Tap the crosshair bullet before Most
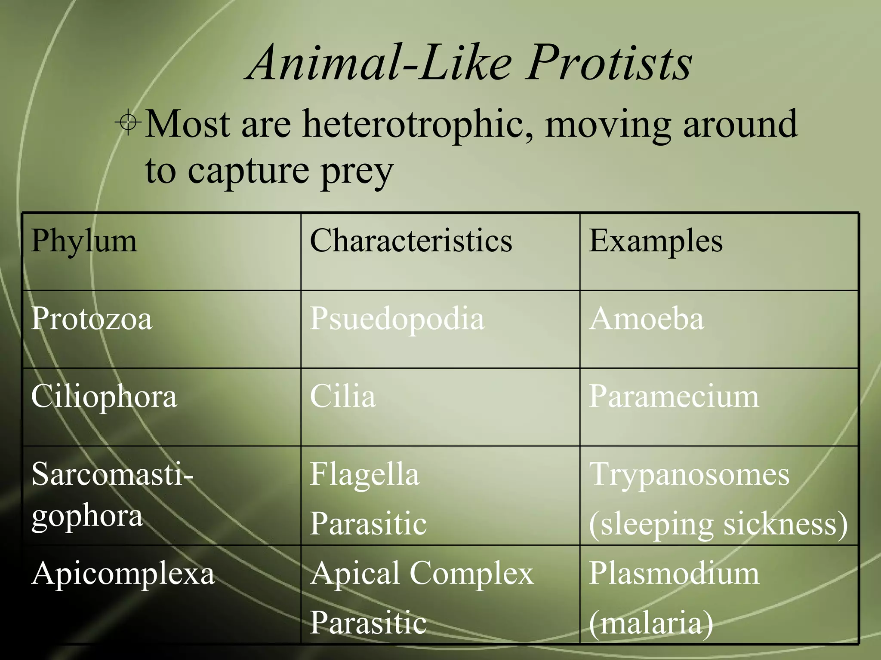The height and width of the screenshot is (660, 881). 128,123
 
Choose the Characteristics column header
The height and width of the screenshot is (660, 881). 411,241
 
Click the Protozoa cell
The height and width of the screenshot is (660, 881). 92,319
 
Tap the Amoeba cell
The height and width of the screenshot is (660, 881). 646,319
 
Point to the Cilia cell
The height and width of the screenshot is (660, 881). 342,396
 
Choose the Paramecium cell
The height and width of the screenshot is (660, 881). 674,396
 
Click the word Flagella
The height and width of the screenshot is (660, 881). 364,475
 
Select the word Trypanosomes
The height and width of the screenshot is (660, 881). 689,475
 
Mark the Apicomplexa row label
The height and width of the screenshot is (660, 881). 123,574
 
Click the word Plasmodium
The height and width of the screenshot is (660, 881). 674,573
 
